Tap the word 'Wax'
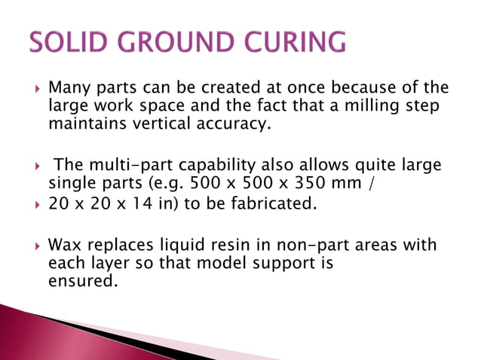pyautogui.click(x=63, y=246)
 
